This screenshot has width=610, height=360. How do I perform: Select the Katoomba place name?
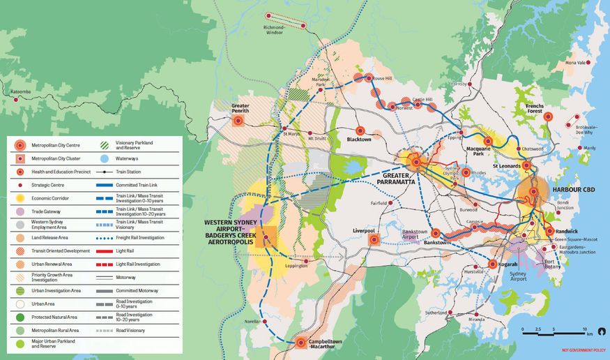pyautogui.click(x=22, y=91)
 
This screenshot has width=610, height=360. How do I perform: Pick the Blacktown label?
pyautogui.click(x=360, y=140)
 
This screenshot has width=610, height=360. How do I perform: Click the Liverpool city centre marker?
pyautogui.click(x=374, y=239)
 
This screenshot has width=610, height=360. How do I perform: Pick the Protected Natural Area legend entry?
pyautogui.click(x=54, y=317)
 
